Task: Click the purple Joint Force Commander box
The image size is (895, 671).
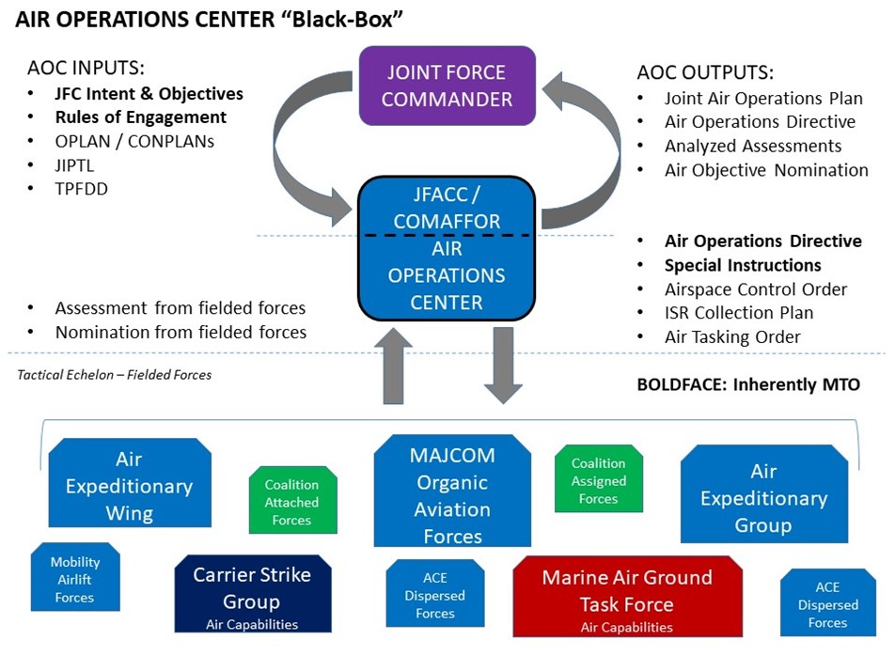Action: click(447, 86)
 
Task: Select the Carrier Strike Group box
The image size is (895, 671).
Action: click(253, 594)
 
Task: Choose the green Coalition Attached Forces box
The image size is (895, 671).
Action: click(291, 501)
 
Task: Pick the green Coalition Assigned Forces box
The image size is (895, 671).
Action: click(598, 479)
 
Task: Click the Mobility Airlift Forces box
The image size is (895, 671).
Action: click(74, 578)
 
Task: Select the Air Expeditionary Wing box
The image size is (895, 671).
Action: click(129, 485)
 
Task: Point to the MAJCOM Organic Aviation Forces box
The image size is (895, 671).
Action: click(451, 494)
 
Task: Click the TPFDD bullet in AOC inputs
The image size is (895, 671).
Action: click(81, 188)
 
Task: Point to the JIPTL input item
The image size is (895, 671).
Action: click(75, 164)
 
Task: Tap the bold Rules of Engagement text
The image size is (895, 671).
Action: click(140, 117)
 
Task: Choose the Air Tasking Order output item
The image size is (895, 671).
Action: click(732, 336)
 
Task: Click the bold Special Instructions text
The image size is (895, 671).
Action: click(743, 265)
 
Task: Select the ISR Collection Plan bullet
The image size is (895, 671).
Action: click(739, 313)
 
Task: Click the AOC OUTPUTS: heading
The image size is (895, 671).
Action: click(705, 72)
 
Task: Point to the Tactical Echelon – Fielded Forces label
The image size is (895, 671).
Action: click(115, 375)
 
